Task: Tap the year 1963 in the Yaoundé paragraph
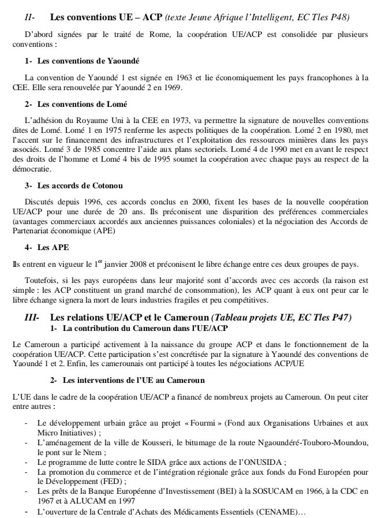156,77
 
